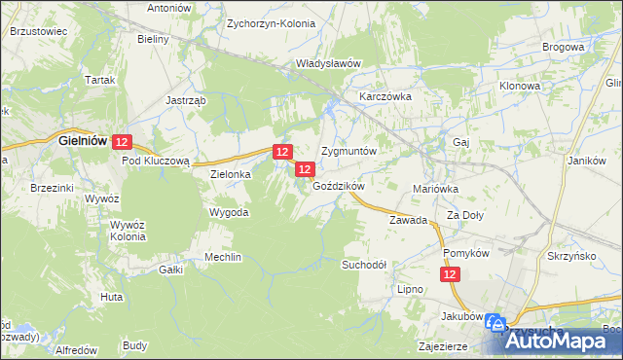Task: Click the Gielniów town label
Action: point(83,141)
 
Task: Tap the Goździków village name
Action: point(338,186)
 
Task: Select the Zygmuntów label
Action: point(348,153)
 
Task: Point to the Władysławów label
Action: point(329,63)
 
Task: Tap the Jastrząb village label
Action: point(182,100)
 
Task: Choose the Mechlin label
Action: point(222,257)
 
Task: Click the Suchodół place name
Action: point(364,265)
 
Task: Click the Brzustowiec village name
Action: point(37,31)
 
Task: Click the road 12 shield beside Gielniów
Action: point(121,142)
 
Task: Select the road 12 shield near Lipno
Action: point(450,276)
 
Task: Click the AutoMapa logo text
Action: point(566,342)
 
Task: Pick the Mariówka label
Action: point(435,189)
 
